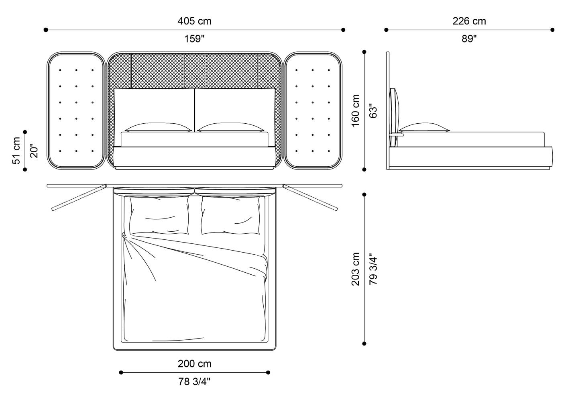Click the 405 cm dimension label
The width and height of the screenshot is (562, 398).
[x=194, y=21]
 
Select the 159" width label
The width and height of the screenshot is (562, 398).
[x=194, y=39]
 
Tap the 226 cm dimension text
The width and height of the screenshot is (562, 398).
[x=469, y=21]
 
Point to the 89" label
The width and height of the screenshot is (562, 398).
[x=469, y=39]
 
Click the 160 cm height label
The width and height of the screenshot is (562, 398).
[x=356, y=111]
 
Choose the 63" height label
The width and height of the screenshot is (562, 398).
[x=373, y=111]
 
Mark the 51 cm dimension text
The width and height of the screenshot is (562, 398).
[x=16, y=151]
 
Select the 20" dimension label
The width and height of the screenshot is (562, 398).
[x=34, y=151]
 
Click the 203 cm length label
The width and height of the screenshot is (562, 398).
[x=356, y=269]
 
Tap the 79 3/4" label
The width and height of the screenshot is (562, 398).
[x=373, y=269]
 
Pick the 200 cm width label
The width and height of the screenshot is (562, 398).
[x=194, y=364]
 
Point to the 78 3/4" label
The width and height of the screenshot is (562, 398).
[x=194, y=382]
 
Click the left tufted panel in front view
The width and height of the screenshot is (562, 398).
[x=76, y=110]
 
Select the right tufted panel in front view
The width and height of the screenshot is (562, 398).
[x=313, y=110]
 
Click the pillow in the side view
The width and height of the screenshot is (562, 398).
[x=424, y=128]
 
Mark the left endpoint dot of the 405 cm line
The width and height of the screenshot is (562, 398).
[x=46, y=30]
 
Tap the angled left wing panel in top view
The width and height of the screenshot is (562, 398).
[x=79, y=198]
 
